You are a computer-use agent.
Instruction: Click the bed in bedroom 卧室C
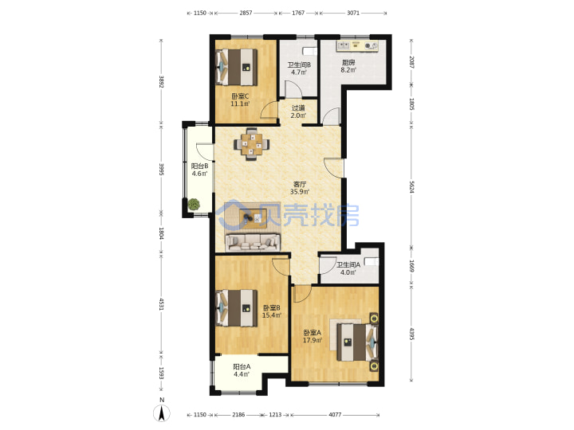click(x=237, y=67)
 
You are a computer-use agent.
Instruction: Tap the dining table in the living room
click(x=251, y=143)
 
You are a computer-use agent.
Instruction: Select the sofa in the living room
click(x=252, y=242)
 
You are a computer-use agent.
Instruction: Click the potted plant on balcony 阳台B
click(x=194, y=204)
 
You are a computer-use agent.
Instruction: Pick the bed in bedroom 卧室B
click(x=237, y=308)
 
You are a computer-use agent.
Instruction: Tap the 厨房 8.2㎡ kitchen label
click(x=348, y=66)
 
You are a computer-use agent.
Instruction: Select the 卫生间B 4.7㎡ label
click(x=299, y=68)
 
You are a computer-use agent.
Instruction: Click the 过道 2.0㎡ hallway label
click(x=298, y=112)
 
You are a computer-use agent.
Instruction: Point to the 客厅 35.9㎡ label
click(x=300, y=188)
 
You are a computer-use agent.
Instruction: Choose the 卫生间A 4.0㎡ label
click(x=348, y=268)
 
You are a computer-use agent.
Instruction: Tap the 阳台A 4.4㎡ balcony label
click(x=242, y=370)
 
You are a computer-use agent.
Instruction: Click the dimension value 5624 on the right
click(x=411, y=187)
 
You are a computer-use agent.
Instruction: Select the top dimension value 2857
click(x=246, y=13)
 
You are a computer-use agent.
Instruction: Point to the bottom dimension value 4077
click(x=335, y=415)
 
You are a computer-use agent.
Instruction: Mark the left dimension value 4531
click(x=161, y=304)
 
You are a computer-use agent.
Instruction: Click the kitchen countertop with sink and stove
click(x=357, y=45)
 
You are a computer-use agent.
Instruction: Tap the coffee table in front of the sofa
click(x=251, y=218)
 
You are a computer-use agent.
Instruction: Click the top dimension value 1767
click(x=298, y=13)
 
